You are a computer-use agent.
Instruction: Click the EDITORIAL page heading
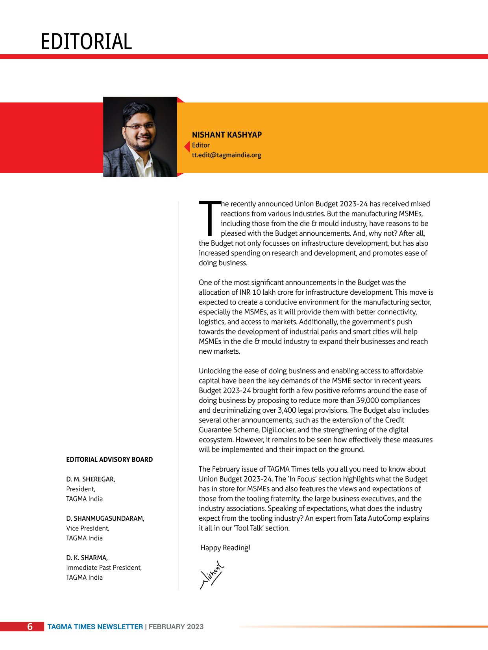click(x=86, y=42)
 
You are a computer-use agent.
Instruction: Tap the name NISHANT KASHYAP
click(x=227, y=135)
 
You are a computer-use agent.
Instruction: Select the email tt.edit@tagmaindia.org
click(x=226, y=155)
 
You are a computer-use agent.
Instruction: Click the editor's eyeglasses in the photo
click(x=139, y=127)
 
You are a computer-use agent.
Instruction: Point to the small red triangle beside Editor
click(x=187, y=146)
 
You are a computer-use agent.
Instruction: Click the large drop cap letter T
click(x=210, y=218)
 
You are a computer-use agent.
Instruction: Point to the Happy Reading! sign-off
click(x=225, y=548)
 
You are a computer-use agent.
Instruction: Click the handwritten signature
click(x=213, y=575)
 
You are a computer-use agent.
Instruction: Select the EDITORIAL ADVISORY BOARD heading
click(x=109, y=459)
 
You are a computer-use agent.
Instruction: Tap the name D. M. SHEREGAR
click(x=91, y=479)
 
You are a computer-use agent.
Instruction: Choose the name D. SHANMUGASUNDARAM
click(x=105, y=518)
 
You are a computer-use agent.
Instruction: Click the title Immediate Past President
click(x=104, y=567)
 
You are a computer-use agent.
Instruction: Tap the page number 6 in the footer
click(x=30, y=627)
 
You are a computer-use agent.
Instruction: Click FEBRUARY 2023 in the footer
click(x=176, y=627)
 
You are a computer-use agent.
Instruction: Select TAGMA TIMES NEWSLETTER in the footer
click(x=95, y=627)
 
